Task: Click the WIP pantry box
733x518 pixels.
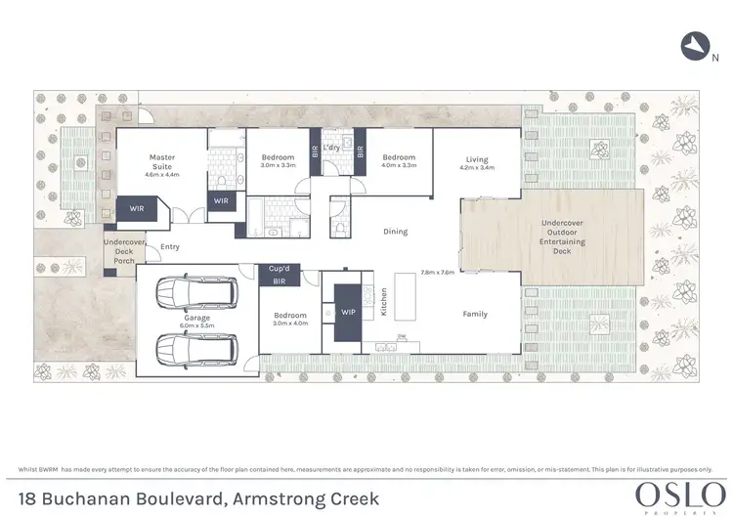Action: tap(347, 313)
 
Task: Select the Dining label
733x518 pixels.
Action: tap(396, 232)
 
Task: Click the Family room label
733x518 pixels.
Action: tap(475, 314)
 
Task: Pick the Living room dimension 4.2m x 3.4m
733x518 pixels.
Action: tap(476, 168)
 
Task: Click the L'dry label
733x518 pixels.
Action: tap(331, 149)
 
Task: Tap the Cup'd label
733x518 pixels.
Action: tap(278, 268)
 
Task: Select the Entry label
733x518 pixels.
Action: tap(170, 247)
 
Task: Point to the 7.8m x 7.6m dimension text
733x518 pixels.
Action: tap(437, 273)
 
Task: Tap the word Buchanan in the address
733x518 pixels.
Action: tap(118, 498)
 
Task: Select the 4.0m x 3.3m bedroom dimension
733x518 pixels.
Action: tap(399, 165)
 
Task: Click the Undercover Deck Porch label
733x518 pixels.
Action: tap(124, 251)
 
